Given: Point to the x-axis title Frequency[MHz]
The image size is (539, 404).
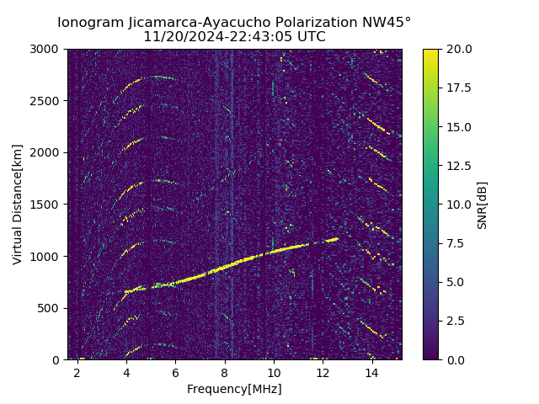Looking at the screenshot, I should click(234, 389).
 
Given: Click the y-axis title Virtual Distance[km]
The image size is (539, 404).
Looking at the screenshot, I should click(18, 204).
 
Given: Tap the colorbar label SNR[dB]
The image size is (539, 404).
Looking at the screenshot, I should click(482, 205).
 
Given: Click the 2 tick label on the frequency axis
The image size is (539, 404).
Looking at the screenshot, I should click(77, 372).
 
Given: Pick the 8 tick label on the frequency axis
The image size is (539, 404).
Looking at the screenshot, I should click(225, 372).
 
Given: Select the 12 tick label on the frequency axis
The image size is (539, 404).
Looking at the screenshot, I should click(323, 372).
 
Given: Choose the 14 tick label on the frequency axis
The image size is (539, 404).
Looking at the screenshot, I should click(371, 372).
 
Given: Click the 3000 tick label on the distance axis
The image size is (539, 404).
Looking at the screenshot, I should click(46, 49).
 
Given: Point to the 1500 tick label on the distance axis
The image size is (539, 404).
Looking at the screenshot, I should click(46, 205).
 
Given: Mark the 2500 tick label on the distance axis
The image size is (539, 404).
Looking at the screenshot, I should click(46, 101).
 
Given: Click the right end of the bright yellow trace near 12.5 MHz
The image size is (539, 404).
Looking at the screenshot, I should click(337, 239).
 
